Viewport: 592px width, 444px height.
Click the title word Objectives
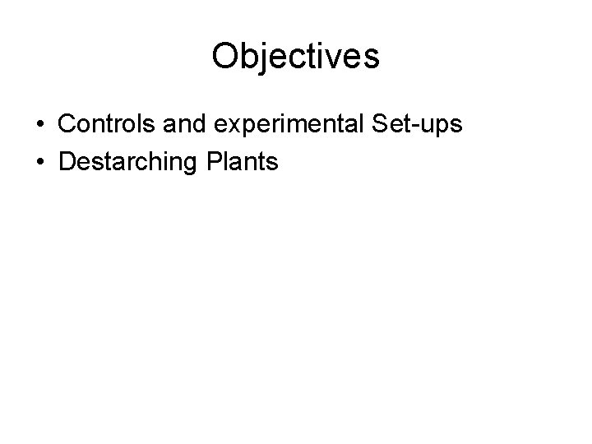[295, 57]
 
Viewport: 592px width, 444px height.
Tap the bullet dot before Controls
[40, 125]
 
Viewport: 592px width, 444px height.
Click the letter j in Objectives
[263, 58]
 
